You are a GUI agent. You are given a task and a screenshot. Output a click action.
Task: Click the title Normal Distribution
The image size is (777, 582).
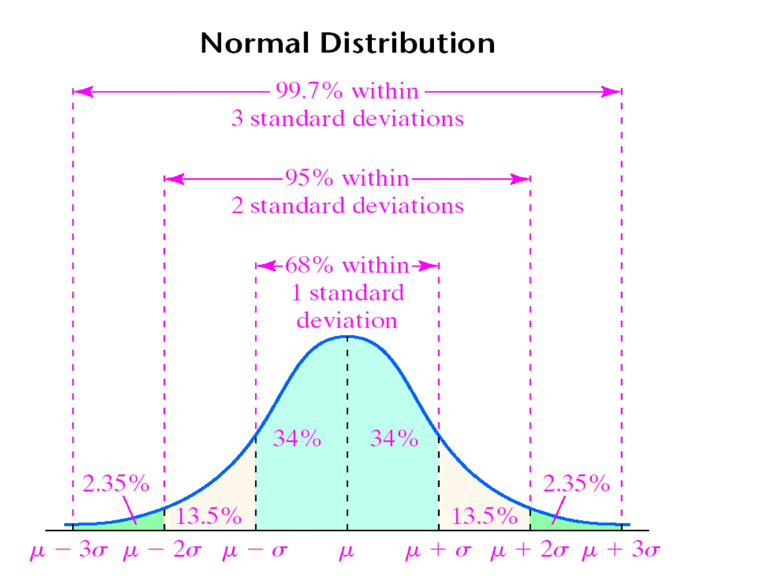347,43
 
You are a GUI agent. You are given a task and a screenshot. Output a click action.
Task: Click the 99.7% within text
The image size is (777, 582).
347,91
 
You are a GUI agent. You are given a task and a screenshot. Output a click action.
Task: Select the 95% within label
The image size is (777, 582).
347,178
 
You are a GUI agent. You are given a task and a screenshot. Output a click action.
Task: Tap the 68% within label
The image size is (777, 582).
347,265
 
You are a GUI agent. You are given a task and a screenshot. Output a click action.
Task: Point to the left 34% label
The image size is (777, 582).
297,438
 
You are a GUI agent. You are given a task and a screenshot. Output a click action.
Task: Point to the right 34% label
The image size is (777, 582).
394,438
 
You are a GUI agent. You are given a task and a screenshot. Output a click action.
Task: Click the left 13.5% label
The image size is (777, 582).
208,516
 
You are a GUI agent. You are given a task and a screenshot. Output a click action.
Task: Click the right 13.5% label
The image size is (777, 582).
484,516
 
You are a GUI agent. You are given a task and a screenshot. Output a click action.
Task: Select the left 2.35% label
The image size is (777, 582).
116,484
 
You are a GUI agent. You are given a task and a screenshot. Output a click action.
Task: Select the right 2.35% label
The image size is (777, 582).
576,484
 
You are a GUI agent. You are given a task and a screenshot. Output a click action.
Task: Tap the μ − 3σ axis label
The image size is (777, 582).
69,550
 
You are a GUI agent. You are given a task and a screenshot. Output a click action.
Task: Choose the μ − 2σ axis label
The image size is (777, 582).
162,550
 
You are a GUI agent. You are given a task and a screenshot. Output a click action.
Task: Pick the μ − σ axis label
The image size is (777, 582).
255,550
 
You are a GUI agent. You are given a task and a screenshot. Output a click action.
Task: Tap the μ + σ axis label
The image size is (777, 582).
438,550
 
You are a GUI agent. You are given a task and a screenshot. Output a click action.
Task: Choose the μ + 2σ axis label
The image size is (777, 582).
530,550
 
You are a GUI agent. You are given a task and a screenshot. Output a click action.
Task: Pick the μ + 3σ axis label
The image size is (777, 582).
621,550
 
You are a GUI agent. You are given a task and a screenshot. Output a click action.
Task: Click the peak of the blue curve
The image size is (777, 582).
347,336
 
